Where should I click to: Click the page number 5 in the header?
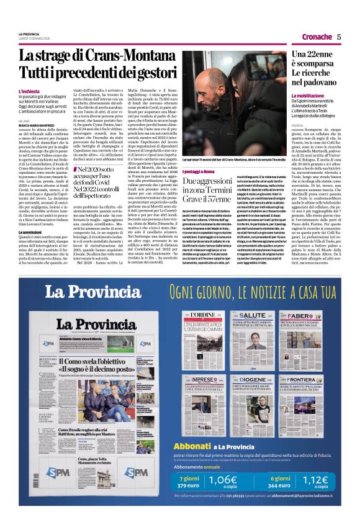pyautogui.click(x=340, y=37)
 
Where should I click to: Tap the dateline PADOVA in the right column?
pyautogui.click(x=300, y=125)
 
